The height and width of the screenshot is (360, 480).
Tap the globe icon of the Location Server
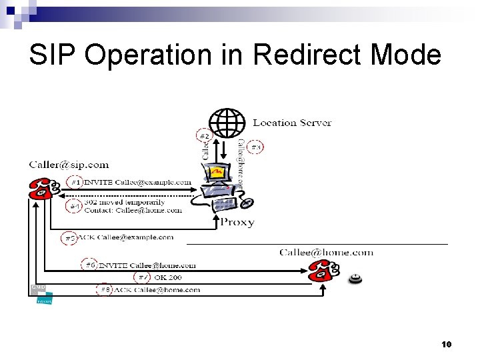coord(227,121)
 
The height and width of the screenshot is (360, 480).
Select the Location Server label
coord(292,123)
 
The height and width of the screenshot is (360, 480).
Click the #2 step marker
coord(205,135)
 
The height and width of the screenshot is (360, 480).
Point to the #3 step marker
coord(256,147)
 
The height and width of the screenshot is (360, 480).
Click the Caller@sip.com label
coord(69,165)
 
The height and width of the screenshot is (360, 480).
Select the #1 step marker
coord(77,182)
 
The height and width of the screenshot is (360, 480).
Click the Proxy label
coord(237,222)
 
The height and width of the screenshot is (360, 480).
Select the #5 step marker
coord(69,237)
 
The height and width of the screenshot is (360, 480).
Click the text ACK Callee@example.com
coord(127,237)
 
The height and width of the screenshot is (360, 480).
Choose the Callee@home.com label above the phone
coord(326,252)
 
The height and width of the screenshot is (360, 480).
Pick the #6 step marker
coord(90,264)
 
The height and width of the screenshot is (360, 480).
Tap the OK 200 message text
coord(167,277)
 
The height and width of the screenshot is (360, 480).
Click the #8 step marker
coord(105,289)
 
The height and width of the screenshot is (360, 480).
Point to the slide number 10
coord(447,344)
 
